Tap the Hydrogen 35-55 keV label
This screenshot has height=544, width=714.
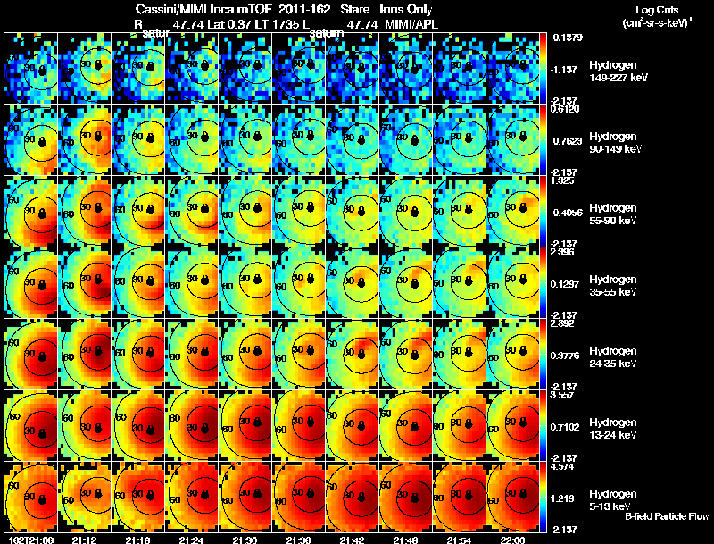click(x=612, y=286)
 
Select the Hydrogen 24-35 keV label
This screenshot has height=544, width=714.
click(x=612, y=357)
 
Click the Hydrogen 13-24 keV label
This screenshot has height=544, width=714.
click(x=612, y=429)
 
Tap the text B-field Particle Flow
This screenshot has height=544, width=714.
click(x=667, y=516)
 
